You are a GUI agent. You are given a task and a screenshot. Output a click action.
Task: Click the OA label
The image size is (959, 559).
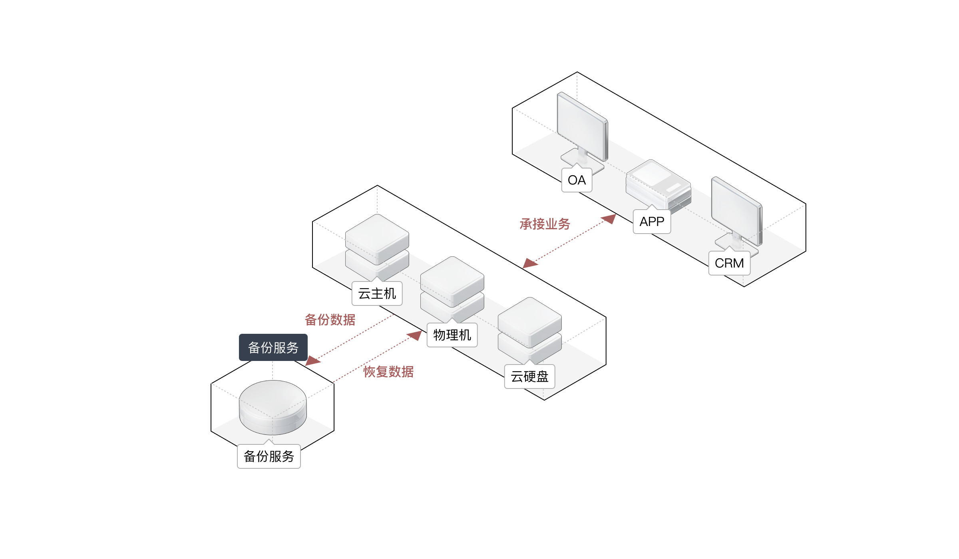577,180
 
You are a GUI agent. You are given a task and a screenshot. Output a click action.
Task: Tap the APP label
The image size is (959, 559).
652,222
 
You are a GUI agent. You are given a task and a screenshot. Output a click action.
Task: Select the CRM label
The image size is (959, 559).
729,264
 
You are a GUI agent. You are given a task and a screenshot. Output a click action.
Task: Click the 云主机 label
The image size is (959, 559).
377,294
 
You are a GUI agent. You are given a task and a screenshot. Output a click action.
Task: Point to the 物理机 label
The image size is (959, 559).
452,335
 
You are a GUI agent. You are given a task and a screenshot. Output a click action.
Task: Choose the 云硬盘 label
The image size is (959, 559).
529,377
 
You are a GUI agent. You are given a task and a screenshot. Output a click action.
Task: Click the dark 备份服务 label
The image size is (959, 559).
273,348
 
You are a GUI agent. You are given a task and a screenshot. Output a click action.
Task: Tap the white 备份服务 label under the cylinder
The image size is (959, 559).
269,456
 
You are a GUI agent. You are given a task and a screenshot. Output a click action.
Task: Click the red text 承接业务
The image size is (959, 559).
545,224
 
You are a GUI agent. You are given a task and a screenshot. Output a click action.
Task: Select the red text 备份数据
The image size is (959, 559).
330,320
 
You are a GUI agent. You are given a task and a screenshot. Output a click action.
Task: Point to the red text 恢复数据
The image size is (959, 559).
388,372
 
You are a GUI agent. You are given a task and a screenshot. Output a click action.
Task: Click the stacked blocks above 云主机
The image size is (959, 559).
377,246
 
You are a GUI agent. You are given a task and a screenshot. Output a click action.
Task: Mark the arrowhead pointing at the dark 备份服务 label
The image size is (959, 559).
312,361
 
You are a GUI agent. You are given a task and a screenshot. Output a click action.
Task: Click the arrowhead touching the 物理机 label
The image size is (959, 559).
416,335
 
